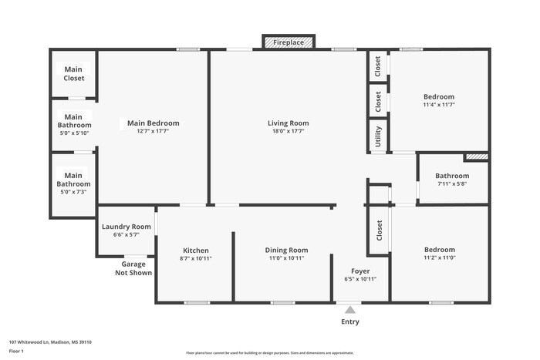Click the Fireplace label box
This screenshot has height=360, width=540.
click(289, 43)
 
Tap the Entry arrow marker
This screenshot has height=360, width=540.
click(349, 310)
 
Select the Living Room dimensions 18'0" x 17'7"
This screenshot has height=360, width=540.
click(289, 132)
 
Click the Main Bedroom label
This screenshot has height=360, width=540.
click(153, 123)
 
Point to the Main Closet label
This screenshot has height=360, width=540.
click(74, 74)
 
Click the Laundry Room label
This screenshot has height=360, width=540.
click(127, 227)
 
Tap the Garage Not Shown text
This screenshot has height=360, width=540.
click(133, 268)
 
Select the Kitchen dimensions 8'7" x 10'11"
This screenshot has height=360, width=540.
click(196, 259)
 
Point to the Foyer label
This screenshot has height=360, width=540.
click(360, 271)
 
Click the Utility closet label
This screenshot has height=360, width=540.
click(378, 137)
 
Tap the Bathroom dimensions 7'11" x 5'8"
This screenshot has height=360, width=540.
click(452, 184)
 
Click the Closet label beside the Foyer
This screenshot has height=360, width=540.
click(379, 230)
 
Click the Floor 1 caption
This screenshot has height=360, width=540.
click(17, 351)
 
